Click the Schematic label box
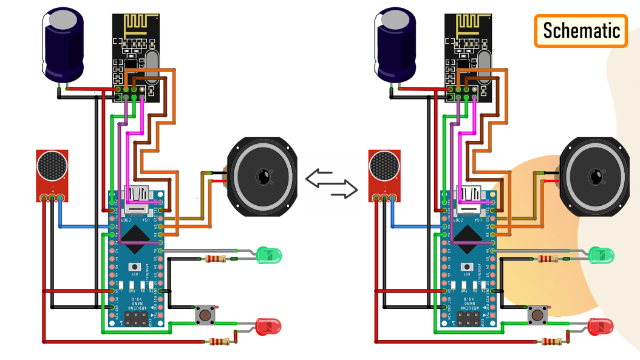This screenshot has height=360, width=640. (x=581, y=30)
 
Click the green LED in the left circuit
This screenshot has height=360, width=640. (x=270, y=254)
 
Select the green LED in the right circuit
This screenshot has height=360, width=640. (x=602, y=255)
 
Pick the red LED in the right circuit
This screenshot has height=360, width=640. (x=601, y=327)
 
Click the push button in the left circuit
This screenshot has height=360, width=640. (x=205, y=315)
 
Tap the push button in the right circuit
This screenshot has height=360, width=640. (x=537, y=315)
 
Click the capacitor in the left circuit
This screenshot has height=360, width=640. (x=63, y=46)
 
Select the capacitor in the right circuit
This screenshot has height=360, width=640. (x=395, y=46)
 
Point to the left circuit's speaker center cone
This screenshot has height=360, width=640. (x=264, y=177)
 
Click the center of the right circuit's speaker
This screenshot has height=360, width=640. (x=596, y=177)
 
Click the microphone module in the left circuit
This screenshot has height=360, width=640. (x=52, y=172)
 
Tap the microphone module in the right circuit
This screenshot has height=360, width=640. (x=384, y=172)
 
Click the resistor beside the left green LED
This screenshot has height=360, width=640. (x=216, y=259)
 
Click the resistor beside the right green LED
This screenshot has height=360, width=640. (x=548, y=259)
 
